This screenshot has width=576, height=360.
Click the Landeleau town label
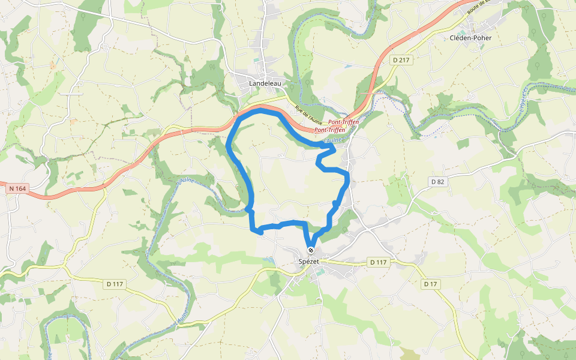265,84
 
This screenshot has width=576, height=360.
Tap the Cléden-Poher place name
471,38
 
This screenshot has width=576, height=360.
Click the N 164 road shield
17,189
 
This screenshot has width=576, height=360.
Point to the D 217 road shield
402,60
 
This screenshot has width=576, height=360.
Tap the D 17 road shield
430,284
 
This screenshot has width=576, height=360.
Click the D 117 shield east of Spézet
378,262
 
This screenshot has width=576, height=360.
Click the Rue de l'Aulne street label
306,112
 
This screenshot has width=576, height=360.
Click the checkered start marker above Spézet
311,250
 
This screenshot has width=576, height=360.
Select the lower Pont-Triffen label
329,130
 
